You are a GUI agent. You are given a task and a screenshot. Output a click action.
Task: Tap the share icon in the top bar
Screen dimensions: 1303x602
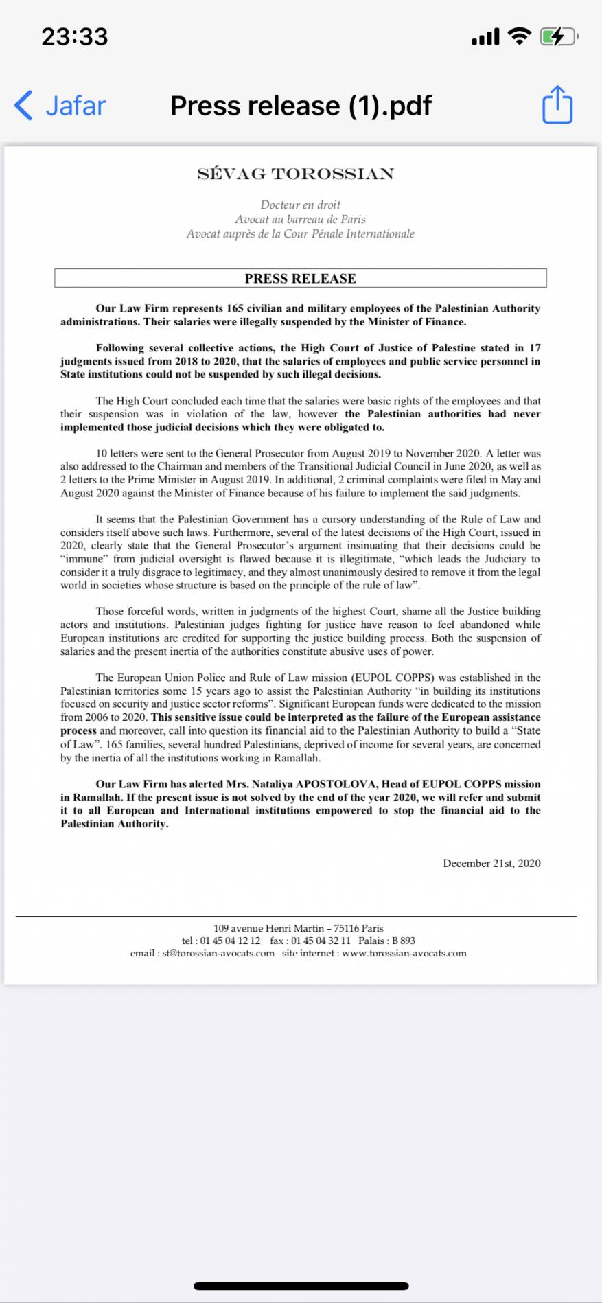[x=557, y=105]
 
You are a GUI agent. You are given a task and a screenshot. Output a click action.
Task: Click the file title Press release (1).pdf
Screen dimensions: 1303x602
[x=301, y=106]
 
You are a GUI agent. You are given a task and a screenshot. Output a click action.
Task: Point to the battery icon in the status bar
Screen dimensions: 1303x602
[x=558, y=36]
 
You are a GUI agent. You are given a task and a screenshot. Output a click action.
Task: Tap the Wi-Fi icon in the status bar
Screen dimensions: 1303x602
[x=520, y=36]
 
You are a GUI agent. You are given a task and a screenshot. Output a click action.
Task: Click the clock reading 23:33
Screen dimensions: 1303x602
[x=75, y=36]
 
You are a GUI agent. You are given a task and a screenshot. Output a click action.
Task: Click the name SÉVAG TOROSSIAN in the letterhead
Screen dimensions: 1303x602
[x=296, y=174]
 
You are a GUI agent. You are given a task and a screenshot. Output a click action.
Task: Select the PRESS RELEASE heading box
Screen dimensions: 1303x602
[x=301, y=278]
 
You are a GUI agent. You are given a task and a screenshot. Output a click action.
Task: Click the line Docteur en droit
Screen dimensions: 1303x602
[x=300, y=205]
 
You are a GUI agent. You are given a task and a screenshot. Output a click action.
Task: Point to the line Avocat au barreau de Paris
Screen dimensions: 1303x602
[x=300, y=219]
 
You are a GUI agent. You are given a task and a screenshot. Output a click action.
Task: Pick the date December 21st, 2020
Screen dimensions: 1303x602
[x=491, y=863]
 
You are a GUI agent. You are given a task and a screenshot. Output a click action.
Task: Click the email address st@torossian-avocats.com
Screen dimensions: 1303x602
[x=218, y=953]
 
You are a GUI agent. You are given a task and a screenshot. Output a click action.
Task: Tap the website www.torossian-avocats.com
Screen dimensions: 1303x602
[x=404, y=953]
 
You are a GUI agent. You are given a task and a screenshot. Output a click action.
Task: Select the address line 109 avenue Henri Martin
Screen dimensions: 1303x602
[x=299, y=928]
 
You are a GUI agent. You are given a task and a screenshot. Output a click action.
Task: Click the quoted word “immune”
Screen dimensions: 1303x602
[x=84, y=559]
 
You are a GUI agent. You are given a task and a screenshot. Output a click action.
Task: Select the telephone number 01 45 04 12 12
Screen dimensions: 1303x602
[x=230, y=941]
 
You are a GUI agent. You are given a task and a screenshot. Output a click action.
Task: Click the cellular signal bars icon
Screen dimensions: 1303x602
[x=486, y=37]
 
